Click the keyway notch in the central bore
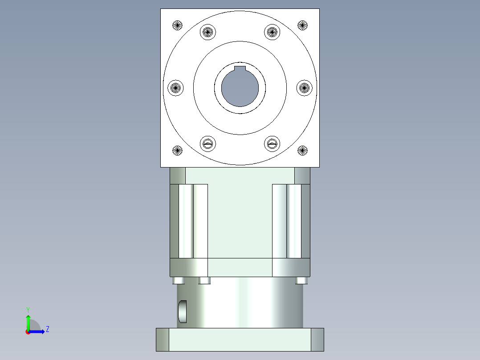coord(240,68)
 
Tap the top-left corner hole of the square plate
coord(177,25)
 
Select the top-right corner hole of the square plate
coord(303,25)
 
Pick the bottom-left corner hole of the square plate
coord(177,151)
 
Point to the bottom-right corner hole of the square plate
coord(303,151)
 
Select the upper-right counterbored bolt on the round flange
coord(272,32)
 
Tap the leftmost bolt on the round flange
coord(175,88)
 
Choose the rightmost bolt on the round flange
coord(304,88)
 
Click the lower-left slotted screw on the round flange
coord(208,143)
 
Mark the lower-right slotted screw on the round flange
coord(272,143)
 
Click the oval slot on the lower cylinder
coord(183,311)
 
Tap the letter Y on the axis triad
coord(28,309)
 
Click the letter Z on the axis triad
coord(47,329)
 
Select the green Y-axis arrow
coord(28,322)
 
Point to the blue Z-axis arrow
coord(37,331)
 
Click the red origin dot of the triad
coord(28,332)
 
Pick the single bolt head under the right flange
coord(301,281)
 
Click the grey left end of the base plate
coord(163,340)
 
